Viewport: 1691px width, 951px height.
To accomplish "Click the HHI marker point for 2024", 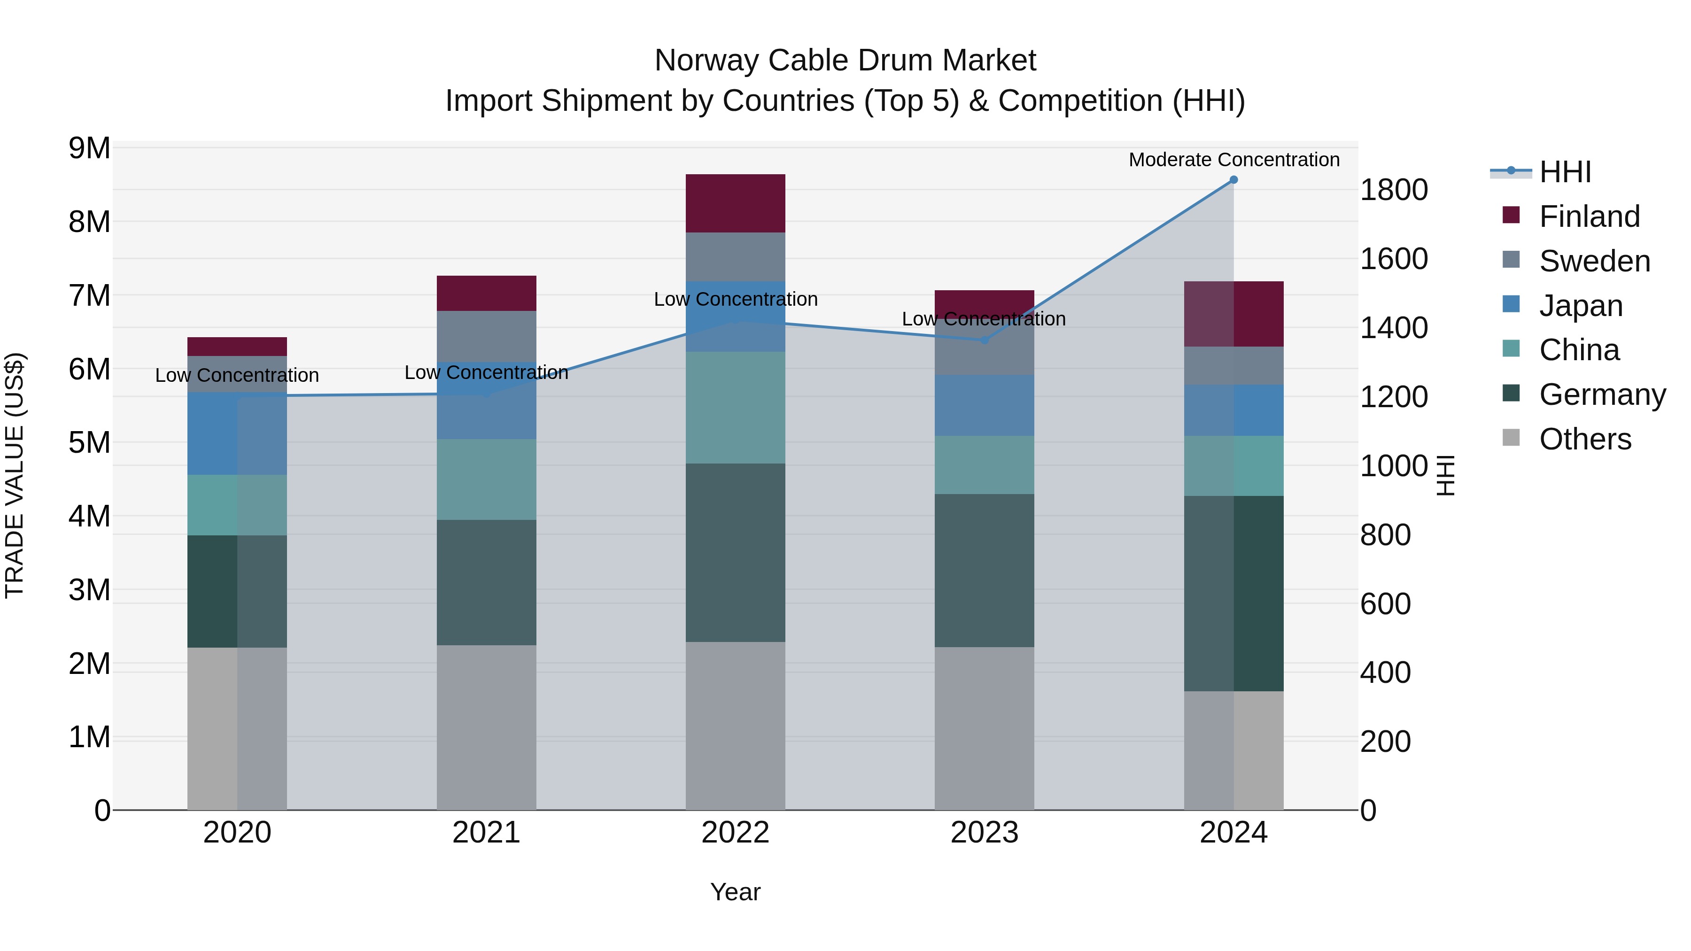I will point(1233,180).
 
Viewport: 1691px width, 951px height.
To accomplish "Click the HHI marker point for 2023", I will point(984,340).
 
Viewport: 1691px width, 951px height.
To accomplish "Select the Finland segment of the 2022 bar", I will point(735,203).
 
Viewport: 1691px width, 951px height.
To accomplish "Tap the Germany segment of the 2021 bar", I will point(487,583).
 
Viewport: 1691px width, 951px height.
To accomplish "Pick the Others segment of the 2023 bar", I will point(984,728).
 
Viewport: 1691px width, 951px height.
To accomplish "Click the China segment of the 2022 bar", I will point(735,408).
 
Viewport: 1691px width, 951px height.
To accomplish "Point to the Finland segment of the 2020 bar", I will point(237,347).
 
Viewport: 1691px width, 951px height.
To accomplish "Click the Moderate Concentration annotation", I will point(1233,160).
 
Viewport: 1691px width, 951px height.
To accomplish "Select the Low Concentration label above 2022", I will point(735,299).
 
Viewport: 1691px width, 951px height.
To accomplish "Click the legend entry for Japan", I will point(1580,306).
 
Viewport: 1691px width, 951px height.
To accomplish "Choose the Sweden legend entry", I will point(1594,261).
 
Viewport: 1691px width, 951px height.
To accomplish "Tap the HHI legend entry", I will point(1564,172).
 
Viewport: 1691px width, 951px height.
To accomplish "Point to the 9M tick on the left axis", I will point(89,148).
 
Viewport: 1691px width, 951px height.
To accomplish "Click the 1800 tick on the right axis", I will point(1393,190).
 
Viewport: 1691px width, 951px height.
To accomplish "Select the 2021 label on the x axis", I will point(487,833).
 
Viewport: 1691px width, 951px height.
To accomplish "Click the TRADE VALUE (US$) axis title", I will point(15,475).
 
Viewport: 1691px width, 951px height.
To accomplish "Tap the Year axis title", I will point(735,892).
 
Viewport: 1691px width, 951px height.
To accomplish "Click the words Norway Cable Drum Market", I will point(845,61).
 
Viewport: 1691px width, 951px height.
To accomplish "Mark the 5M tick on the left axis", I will point(89,443).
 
